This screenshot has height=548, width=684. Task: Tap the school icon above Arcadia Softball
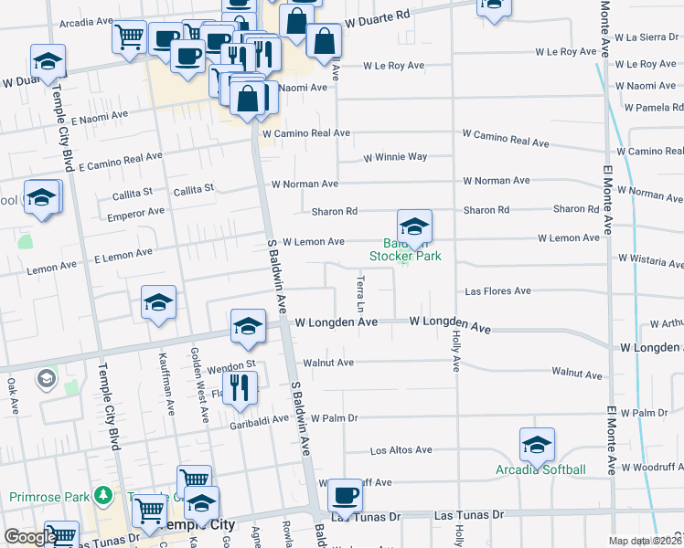[537, 445]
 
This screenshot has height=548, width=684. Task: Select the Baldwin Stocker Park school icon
[414, 227]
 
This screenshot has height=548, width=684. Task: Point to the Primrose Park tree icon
[104, 496]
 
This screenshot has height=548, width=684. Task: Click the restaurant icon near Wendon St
[239, 388]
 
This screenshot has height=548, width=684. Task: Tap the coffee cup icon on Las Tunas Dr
[345, 496]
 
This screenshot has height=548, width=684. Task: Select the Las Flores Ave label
[497, 291]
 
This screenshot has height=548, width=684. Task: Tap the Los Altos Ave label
[401, 450]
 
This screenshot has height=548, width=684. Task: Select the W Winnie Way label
[395, 157]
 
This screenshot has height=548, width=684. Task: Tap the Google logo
[29, 537]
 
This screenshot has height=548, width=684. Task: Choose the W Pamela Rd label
[654, 108]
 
